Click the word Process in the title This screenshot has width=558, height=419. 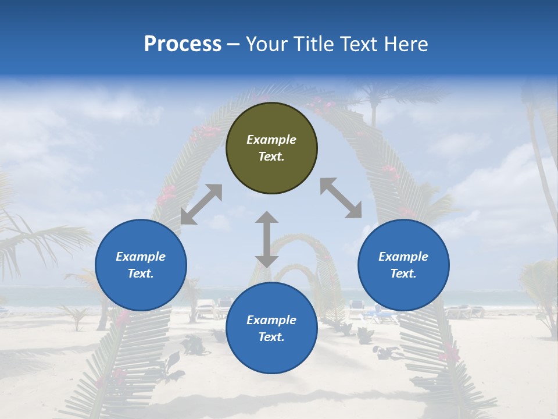(183, 44)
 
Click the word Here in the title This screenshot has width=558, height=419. (406, 44)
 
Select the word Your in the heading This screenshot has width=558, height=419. (264, 44)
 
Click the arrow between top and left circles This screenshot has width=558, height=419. (201, 204)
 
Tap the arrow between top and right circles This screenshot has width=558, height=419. (341, 198)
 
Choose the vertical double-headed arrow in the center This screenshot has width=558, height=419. (267, 239)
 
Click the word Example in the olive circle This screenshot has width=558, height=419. (271, 140)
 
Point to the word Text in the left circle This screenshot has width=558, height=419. (141, 274)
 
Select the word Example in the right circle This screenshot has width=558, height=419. (403, 257)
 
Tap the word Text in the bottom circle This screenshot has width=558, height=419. (271, 337)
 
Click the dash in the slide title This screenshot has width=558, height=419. (233, 45)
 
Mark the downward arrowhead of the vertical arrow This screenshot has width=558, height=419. (267, 260)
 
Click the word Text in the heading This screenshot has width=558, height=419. (357, 44)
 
